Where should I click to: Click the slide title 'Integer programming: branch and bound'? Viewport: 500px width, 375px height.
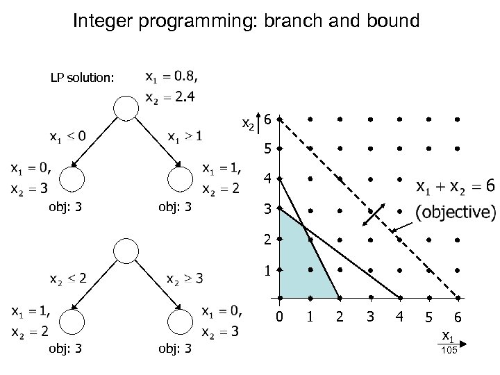(x=246, y=22)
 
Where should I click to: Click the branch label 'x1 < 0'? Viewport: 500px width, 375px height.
(x=67, y=135)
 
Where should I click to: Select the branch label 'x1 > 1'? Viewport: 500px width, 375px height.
(x=185, y=135)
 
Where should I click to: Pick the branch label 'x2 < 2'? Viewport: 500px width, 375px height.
(x=67, y=278)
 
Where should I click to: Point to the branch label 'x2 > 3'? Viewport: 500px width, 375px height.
(x=185, y=278)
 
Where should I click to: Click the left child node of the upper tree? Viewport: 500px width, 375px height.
(x=72, y=179)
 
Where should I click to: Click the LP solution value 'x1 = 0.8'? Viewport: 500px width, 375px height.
(x=176, y=74)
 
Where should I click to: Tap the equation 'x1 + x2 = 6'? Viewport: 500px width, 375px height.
(x=456, y=187)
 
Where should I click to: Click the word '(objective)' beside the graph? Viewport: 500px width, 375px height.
(x=456, y=211)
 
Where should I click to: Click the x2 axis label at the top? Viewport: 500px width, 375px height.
(x=247, y=124)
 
